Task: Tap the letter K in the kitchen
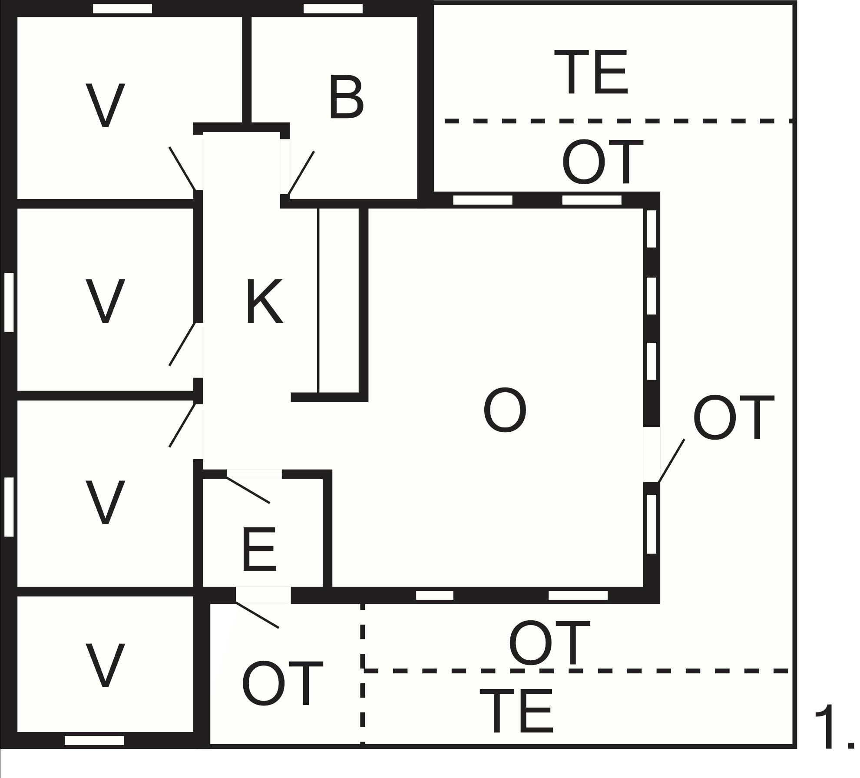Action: point(265,302)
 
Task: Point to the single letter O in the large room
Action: point(505,411)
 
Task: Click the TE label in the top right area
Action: point(591,72)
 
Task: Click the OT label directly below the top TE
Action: point(602,162)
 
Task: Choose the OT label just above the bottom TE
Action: point(549,643)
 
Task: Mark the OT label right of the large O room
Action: point(734,417)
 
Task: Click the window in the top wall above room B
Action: point(333,8)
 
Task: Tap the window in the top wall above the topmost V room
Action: point(122,8)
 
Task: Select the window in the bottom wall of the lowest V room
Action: point(94,740)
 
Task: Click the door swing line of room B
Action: point(301,173)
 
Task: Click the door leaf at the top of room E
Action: point(248,490)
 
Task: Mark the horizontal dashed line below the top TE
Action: point(619,121)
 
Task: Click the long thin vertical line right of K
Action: point(318,301)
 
